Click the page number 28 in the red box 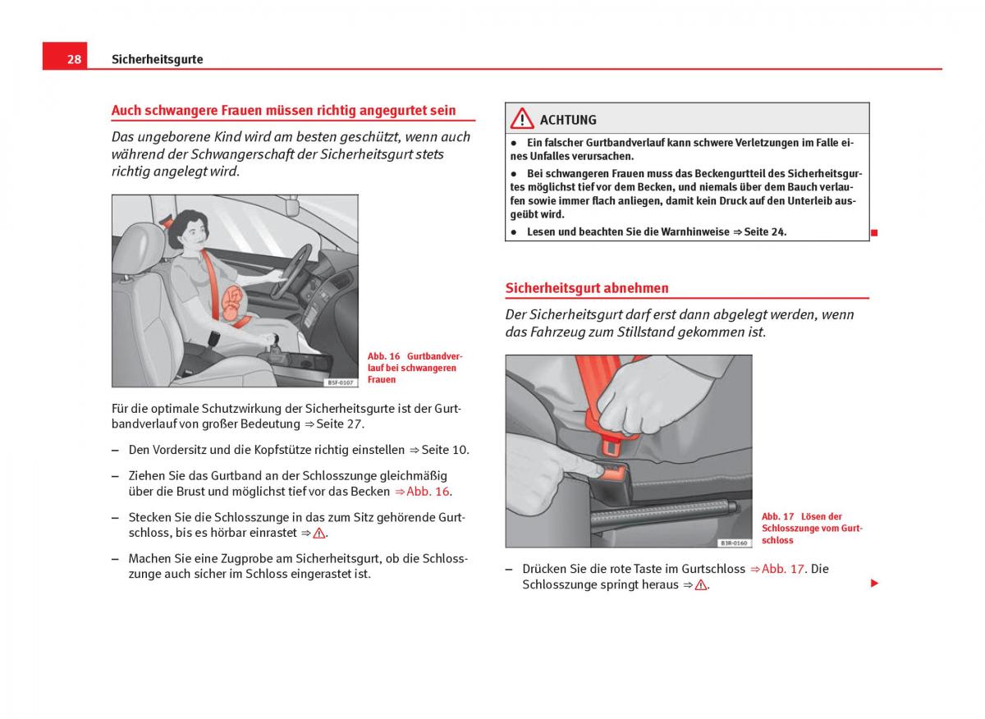pos(74,59)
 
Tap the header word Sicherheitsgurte pos(158,59)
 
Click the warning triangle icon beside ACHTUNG pos(522,119)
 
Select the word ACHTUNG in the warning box pos(568,120)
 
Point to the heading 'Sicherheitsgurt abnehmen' pos(587,288)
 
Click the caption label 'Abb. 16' pos(383,356)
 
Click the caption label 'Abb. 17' pos(777,516)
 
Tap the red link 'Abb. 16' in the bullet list pos(428,492)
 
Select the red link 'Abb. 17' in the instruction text pos(783,569)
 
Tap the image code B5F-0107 pos(340,382)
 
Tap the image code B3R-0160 pos(734,543)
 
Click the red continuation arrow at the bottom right pos(874,584)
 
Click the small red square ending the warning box pos(874,233)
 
